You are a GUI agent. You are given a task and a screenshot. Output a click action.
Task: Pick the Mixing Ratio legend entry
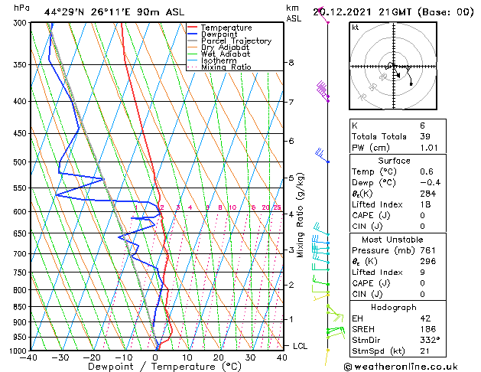(226, 67)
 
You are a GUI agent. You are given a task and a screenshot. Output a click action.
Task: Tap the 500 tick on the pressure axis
(17, 162)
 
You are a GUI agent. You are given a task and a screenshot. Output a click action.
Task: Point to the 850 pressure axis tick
(17, 307)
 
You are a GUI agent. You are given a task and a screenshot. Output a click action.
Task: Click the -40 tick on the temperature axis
(30, 357)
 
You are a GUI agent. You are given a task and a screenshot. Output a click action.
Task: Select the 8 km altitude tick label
(291, 63)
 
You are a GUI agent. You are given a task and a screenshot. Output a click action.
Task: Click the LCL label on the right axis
(301, 346)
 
